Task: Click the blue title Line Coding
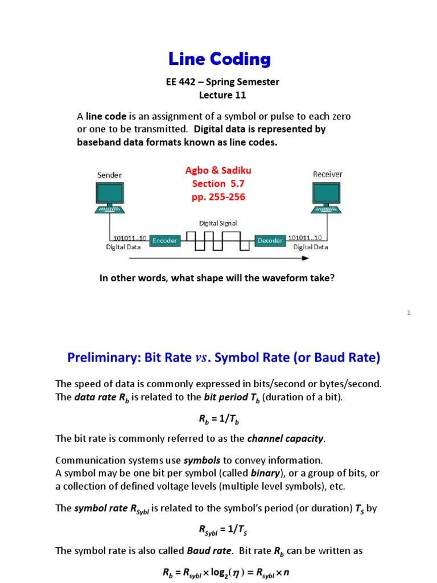tap(219, 59)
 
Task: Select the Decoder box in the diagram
tap(270, 241)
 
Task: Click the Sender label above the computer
tap(109, 175)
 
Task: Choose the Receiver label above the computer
tap(327, 174)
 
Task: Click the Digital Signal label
tap(218, 224)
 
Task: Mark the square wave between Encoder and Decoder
tap(217, 241)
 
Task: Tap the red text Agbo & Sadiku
tap(218, 170)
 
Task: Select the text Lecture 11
tap(222, 95)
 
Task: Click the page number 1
tap(409, 312)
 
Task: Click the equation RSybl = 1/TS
tap(218, 530)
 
